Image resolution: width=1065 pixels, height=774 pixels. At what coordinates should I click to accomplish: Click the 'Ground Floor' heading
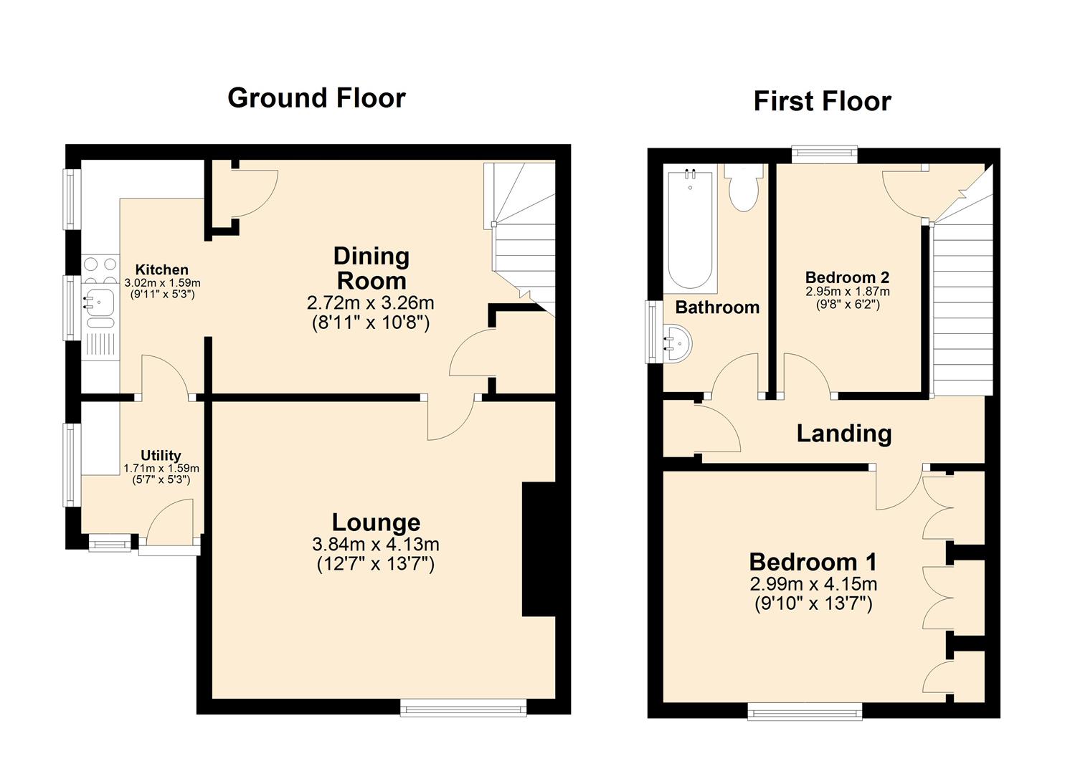pos(316,98)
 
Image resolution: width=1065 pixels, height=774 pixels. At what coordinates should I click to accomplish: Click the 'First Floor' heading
pos(822,101)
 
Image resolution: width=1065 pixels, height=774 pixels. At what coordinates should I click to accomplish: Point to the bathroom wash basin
pos(677,343)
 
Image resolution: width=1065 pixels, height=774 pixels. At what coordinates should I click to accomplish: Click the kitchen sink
pos(98,302)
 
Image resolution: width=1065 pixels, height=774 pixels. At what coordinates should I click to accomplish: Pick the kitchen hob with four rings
pos(100,271)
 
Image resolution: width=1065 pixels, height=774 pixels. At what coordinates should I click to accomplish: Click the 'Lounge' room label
pos(376,523)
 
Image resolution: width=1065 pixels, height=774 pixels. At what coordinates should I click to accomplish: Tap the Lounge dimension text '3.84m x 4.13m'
pos(376,545)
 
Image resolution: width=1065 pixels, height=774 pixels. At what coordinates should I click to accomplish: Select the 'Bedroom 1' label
pos(813,562)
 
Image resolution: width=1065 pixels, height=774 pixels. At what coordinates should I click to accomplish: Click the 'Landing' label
pos(844,434)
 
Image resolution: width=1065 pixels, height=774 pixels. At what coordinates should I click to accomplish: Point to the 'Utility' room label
pos(161,456)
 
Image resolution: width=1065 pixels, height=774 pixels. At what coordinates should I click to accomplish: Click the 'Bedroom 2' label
pos(847,277)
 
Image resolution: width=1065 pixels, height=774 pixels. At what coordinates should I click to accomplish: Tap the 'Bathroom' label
pos(717,307)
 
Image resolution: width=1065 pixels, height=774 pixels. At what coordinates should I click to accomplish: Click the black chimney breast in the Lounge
pos(539,549)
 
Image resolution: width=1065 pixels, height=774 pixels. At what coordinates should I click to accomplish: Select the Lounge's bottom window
pos(463,709)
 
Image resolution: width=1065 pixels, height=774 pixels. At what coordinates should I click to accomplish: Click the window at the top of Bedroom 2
pos(824,153)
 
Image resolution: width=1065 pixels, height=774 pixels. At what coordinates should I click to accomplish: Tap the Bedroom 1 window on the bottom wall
pos(805,711)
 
